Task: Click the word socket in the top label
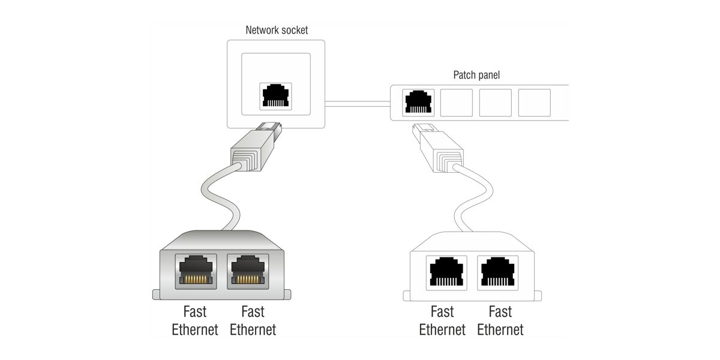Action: [x=295, y=30]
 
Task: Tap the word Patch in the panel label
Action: [x=465, y=76]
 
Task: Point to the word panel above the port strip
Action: [x=489, y=76]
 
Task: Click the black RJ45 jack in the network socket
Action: [x=276, y=97]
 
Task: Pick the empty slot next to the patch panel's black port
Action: [x=457, y=103]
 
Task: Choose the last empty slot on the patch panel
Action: [x=534, y=103]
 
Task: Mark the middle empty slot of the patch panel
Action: [x=496, y=103]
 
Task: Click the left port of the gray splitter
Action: [x=196, y=271]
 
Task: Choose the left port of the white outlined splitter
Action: [x=445, y=273]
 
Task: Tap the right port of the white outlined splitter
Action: [x=497, y=273]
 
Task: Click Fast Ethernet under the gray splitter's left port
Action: [x=195, y=320]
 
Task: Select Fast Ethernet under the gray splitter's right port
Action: [x=253, y=320]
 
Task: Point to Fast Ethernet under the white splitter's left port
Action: [x=442, y=320]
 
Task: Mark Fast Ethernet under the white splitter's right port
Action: [x=500, y=320]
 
